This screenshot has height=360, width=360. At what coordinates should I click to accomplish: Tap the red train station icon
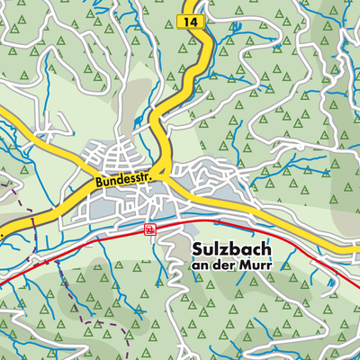148,229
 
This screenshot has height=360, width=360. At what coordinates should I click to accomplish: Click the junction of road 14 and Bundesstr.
159,170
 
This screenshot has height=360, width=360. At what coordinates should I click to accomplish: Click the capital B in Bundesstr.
94,184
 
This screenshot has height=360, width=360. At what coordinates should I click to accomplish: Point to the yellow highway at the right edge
356,247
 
